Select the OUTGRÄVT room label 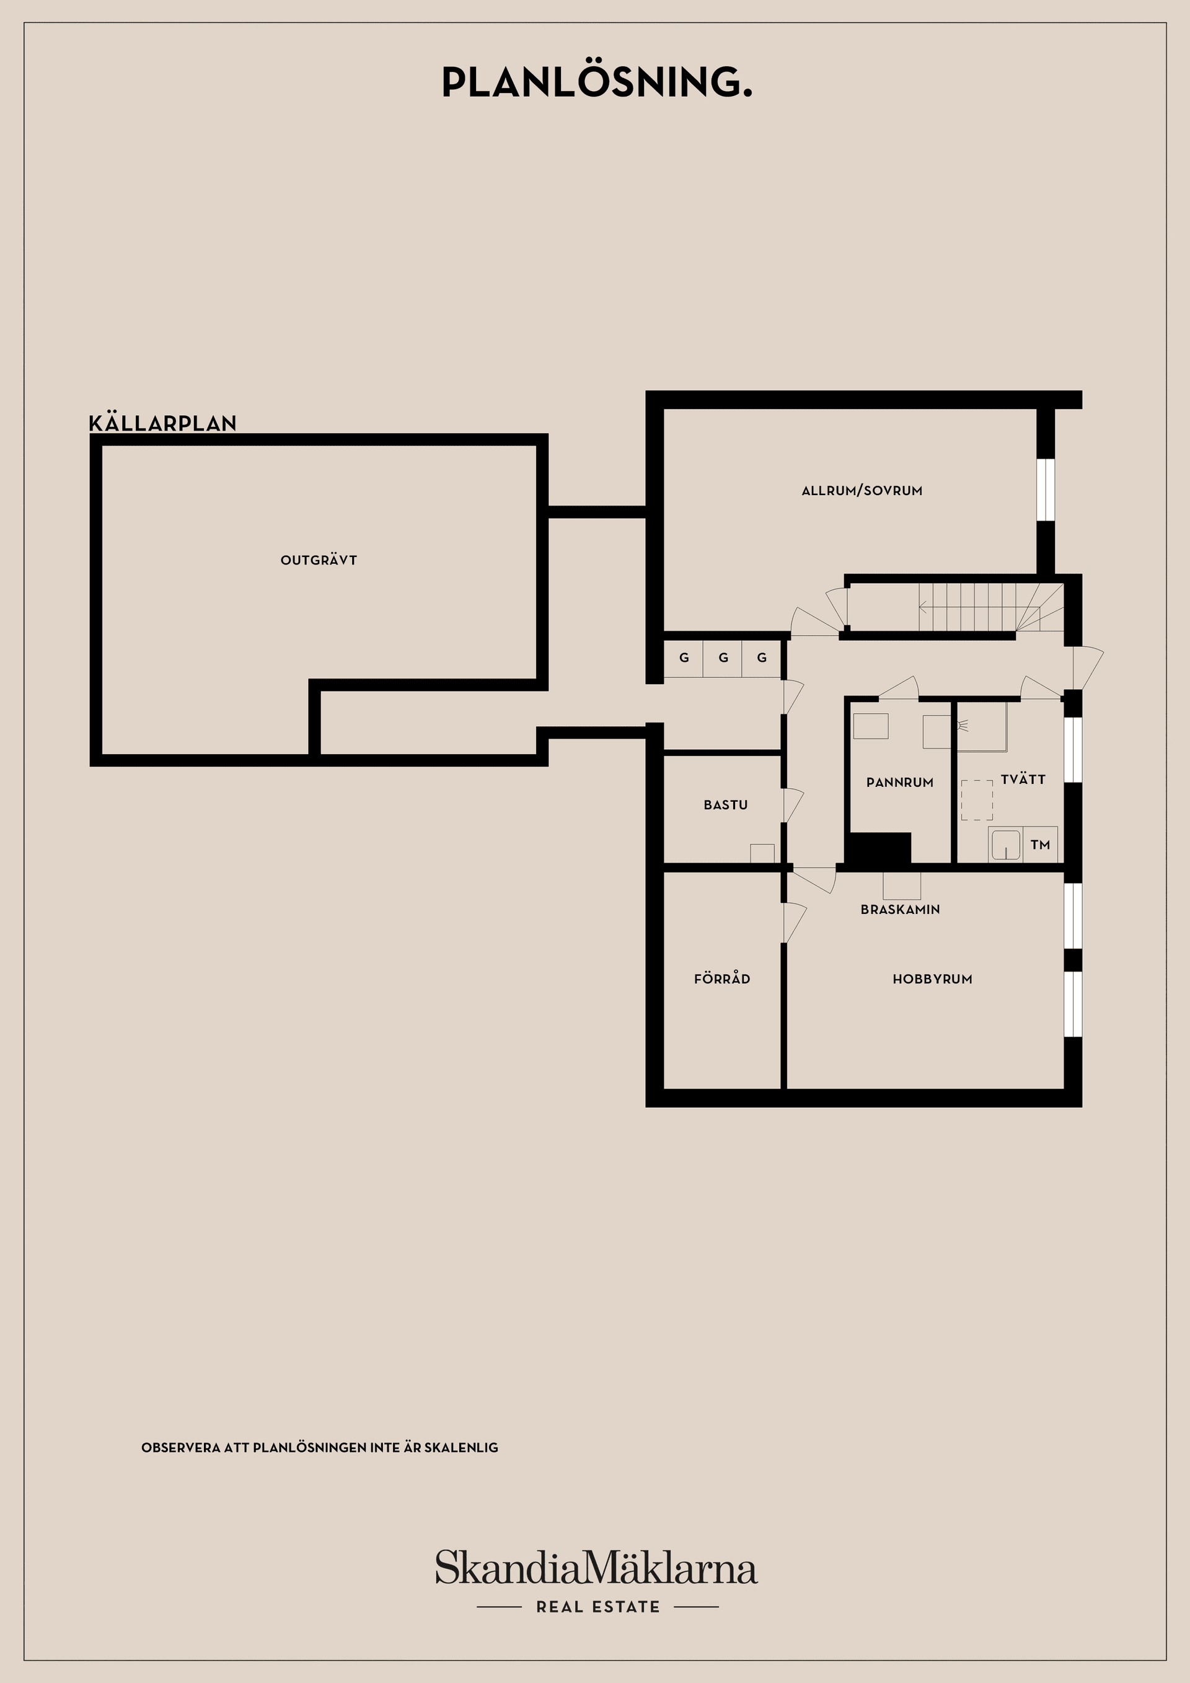click(318, 560)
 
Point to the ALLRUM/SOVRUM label click(862, 490)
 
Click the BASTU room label click(725, 805)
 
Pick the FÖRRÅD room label click(721, 978)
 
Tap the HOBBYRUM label click(932, 978)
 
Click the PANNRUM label click(900, 782)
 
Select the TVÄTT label click(1023, 779)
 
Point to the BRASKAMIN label click(900, 909)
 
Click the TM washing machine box click(1039, 845)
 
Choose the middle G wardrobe click(723, 657)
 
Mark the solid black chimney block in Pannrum click(878, 848)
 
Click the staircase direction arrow click(923, 606)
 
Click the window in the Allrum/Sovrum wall click(1045, 490)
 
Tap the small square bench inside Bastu click(762, 853)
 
